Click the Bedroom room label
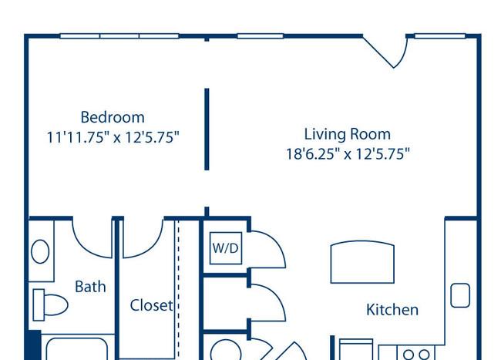113,117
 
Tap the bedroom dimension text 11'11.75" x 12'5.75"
113,137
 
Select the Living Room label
348,134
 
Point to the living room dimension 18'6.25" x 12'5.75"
348,154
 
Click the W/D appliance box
226,248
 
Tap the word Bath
90,287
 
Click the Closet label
151,305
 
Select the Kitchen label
392,310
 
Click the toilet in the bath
50,304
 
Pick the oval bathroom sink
40,252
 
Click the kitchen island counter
362,262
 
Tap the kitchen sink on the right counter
460,295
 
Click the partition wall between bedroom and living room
207,129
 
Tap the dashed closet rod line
178,288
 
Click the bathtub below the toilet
76,348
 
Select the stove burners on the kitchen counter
416,355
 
